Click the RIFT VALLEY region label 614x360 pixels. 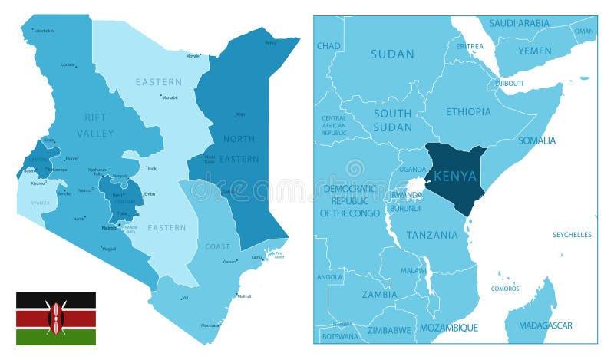(95, 125)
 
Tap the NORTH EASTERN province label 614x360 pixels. (239, 147)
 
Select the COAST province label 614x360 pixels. (217, 246)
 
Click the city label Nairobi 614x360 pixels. (110, 228)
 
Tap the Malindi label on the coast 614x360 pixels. (243, 296)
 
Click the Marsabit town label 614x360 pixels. (170, 97)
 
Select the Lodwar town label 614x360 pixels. (69, 65)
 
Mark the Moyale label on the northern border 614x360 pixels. (193, 55)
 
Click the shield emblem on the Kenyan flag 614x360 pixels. (56, 318)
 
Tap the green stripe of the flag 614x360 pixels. (56, 337)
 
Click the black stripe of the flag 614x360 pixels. (56, 299)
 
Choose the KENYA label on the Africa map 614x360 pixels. (455, 176)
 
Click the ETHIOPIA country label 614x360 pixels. (467, 111)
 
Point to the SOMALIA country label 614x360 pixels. (537, 140)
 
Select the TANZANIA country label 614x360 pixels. (433, 235)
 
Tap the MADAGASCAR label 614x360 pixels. (545, 325)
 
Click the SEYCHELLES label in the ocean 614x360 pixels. (573, 235)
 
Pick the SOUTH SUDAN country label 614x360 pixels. (393, 120)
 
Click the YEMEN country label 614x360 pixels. (534, 51)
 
